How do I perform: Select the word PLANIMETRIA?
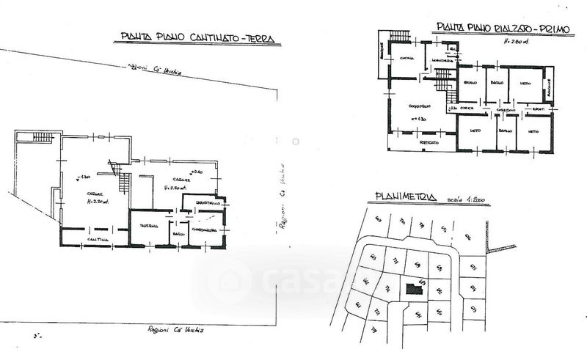(406, 196)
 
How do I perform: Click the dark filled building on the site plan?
(415, 289)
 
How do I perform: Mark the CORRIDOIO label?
(503, 109)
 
